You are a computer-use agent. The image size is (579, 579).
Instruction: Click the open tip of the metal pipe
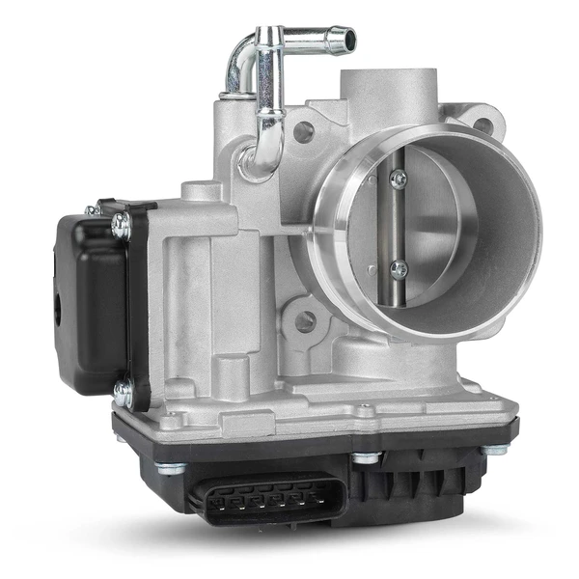click(345, 41)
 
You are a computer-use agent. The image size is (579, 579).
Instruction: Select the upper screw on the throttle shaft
click(399, 179)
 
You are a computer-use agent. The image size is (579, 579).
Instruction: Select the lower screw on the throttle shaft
click(399, 269)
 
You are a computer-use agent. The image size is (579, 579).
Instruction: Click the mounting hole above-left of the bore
click(303, 132)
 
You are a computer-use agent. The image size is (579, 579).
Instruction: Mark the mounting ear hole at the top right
click(482, 125)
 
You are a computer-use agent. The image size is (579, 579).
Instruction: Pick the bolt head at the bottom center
click(365, 457)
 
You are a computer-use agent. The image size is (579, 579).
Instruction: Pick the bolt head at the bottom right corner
click(494, 449)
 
